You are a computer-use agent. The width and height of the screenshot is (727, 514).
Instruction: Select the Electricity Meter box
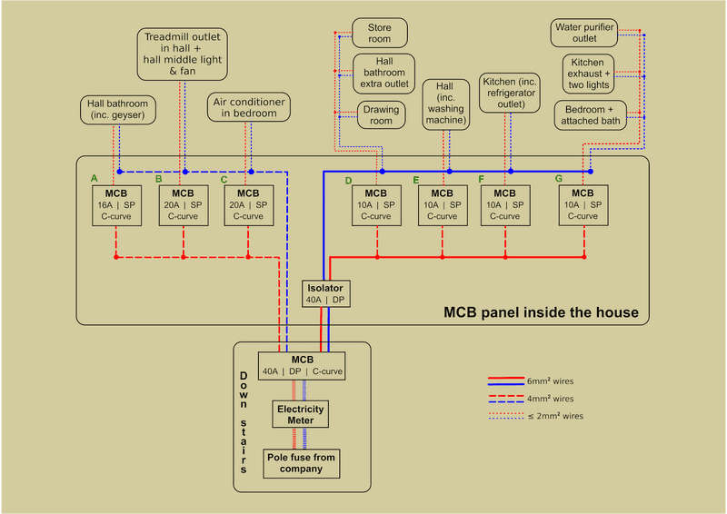pos(300,415)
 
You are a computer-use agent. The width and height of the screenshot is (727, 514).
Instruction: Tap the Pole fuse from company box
pos(300,463)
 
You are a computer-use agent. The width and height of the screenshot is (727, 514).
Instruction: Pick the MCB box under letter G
pos(583,205)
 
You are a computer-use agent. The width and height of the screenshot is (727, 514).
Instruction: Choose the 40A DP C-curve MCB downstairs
pos(302,365)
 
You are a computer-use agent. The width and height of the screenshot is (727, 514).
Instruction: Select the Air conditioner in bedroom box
pos(249,107)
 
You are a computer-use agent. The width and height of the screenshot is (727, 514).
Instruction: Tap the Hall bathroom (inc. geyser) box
pos(117,110)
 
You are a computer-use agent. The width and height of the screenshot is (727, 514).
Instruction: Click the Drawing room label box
pos(379,115)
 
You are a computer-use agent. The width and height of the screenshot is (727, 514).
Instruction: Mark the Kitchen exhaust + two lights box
pos(590,74)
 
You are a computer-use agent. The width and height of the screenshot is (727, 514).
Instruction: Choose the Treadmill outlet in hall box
pos(183,54)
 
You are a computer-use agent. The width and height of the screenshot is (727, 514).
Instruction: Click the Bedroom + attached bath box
pos(591,114)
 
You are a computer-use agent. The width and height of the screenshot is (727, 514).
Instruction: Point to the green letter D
pos(348,181)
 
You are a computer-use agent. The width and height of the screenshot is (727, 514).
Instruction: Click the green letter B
pos(158,179)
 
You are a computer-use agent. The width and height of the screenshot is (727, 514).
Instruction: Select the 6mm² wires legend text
pos(551,381)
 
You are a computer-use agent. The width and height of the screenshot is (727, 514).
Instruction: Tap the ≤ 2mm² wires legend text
pos(555,416)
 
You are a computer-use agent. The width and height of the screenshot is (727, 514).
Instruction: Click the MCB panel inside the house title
pos(541,312)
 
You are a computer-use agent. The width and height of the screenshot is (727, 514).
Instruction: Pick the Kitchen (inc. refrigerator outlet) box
pos(511,93)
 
